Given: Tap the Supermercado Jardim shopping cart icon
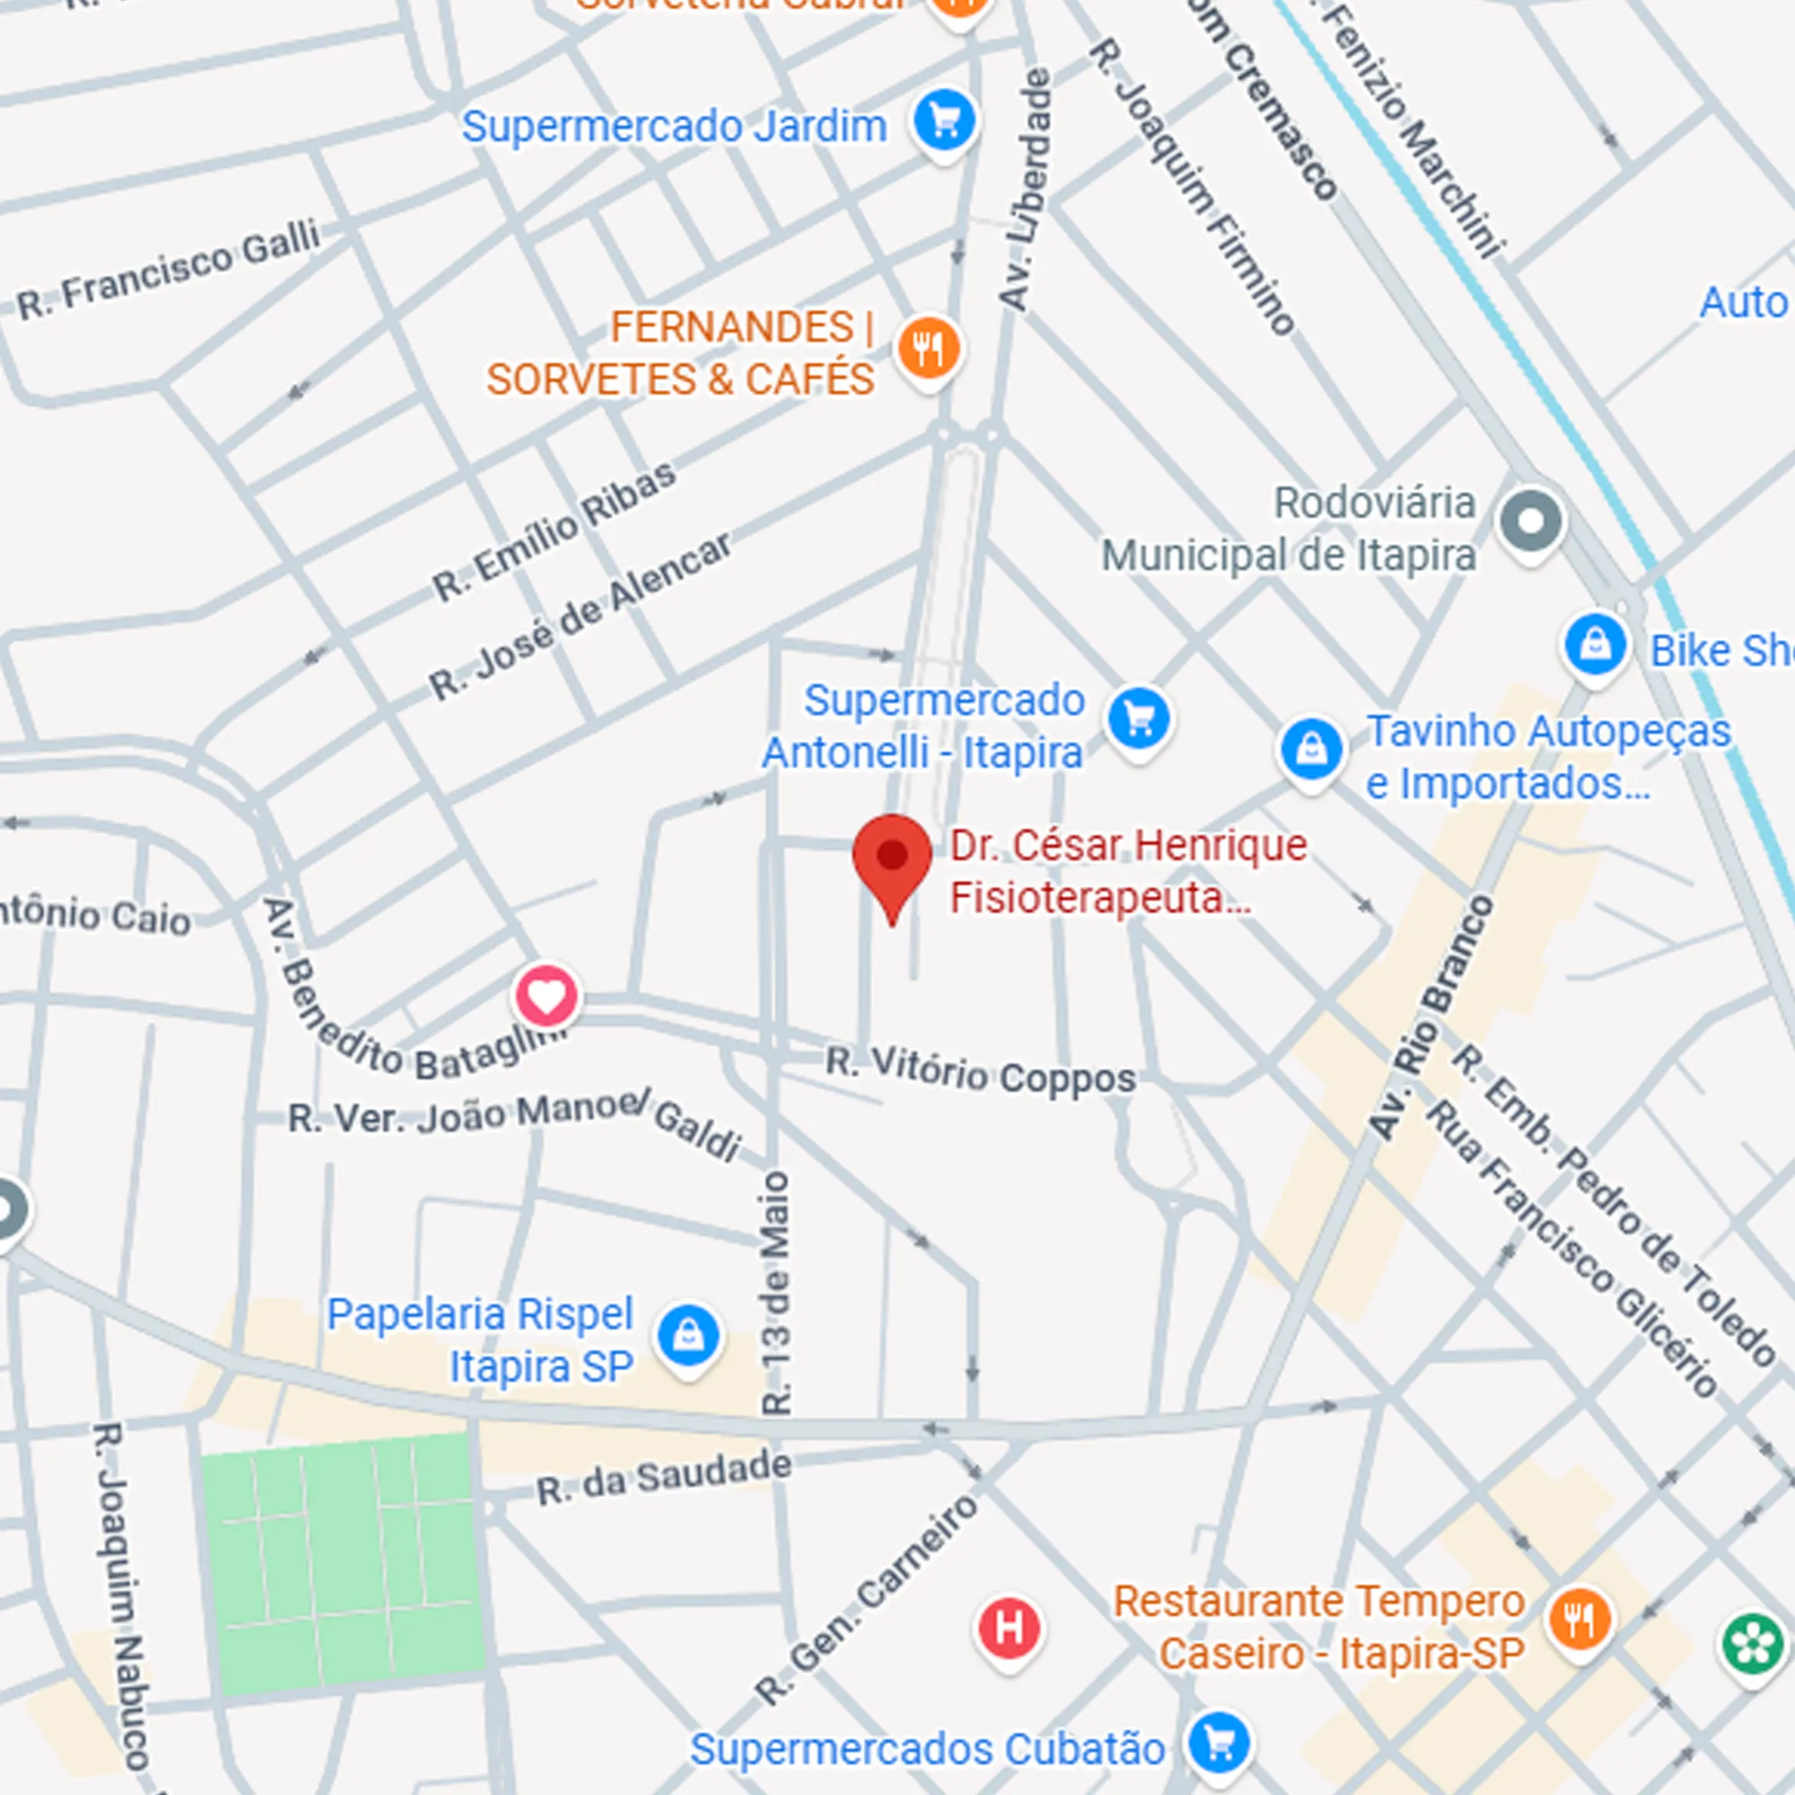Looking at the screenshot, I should point(944,121).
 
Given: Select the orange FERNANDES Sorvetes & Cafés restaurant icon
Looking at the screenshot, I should point(928,349).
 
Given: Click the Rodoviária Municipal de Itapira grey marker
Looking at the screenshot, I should point(1530,521).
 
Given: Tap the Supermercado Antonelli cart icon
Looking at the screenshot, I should point(1139,719).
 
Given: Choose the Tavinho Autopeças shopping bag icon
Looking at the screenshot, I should point(1311,749).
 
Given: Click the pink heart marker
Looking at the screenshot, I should point(547,996).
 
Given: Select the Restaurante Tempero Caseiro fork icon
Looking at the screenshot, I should point(1579,1620).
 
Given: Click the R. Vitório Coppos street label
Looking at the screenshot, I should point(980,1073).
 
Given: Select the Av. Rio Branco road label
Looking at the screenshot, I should point(1432,1019).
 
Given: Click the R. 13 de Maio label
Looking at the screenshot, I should point(775,1292).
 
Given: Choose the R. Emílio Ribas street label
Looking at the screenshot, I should point(554,531).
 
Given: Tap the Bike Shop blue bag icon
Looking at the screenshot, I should point(1595,644).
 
